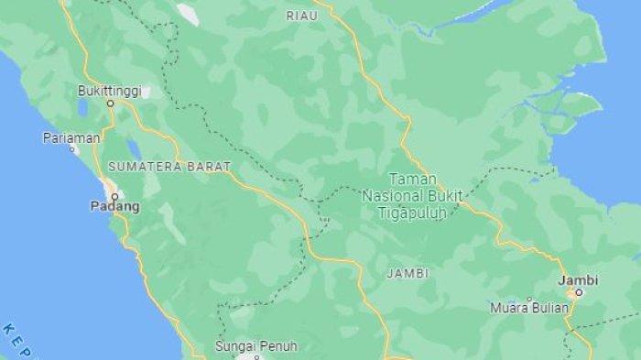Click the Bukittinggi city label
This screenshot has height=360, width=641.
pyautogui.click(x=109, y=91)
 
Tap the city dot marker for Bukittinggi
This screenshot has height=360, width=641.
pyautogui.click(x=110, y=104)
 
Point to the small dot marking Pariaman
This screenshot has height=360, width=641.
pyautogui.click(x=71, y=147)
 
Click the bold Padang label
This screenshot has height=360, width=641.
pyautogui.click(x=114, y=206)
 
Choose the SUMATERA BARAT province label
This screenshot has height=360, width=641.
pyautogui.click(x=169, y=167)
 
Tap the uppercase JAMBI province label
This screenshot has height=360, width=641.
pyautogui.click(x=407, y=273)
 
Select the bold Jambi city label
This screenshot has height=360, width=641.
pyautogui.click(x=579, y=278)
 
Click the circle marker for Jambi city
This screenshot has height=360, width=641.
pyautogui.click(x=579, y=292)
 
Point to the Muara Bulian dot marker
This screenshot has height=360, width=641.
pyautogui.click(x=529, y=299)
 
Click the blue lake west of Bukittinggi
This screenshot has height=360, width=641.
pyautogui.click(x=82, y=107)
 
